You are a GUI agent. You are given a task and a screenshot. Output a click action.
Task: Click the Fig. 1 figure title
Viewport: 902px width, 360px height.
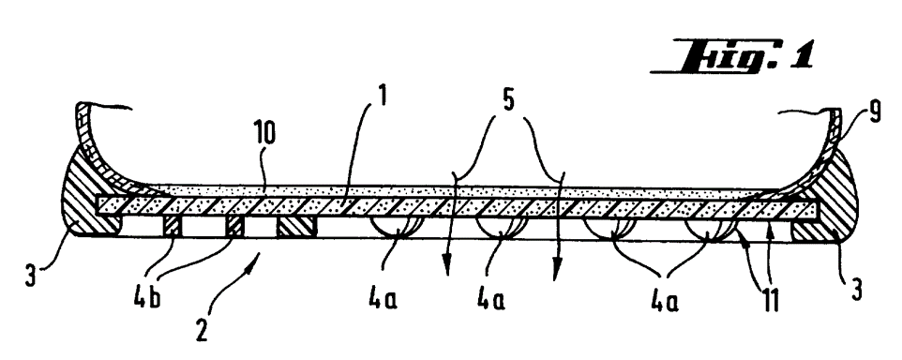point(732,56)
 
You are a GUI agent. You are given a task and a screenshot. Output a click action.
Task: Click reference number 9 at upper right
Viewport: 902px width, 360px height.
point(875,112)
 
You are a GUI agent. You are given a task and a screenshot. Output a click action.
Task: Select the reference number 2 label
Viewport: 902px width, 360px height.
point(201,331)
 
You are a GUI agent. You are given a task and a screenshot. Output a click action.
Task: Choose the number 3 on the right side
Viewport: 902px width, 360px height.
point(857,291)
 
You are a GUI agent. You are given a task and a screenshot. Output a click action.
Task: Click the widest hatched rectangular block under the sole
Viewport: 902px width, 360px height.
point(296,227)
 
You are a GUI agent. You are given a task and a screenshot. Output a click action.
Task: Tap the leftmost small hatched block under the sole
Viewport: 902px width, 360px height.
point(173,227)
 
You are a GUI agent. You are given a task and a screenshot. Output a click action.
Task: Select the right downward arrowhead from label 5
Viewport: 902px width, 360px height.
point(555,271)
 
